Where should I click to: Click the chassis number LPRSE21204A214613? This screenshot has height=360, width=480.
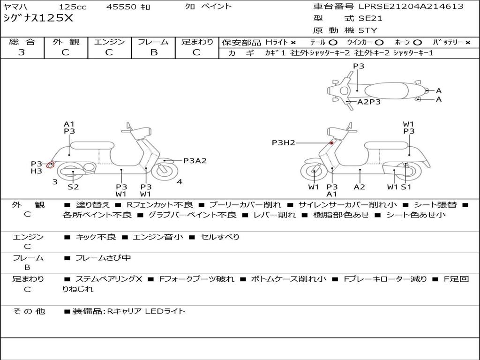411,6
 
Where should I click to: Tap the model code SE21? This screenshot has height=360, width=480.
370,18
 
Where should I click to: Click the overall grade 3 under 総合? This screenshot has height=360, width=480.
22,52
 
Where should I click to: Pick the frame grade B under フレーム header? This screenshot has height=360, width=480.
154,52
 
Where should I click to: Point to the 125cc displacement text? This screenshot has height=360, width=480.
73,7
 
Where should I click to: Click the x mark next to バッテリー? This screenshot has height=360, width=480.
468,43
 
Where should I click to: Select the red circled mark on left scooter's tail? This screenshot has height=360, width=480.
50,165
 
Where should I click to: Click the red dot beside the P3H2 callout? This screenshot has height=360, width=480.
331,143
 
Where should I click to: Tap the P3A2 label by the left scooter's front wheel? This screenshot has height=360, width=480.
195,161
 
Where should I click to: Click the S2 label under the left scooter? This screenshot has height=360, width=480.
73,187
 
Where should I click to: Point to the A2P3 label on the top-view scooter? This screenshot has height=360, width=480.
369,102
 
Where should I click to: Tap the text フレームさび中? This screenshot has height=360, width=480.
103,258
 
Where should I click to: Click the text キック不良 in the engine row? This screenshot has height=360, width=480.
96,237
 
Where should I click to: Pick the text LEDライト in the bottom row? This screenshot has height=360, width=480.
165,311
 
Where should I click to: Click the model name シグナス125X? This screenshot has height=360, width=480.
38,18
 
